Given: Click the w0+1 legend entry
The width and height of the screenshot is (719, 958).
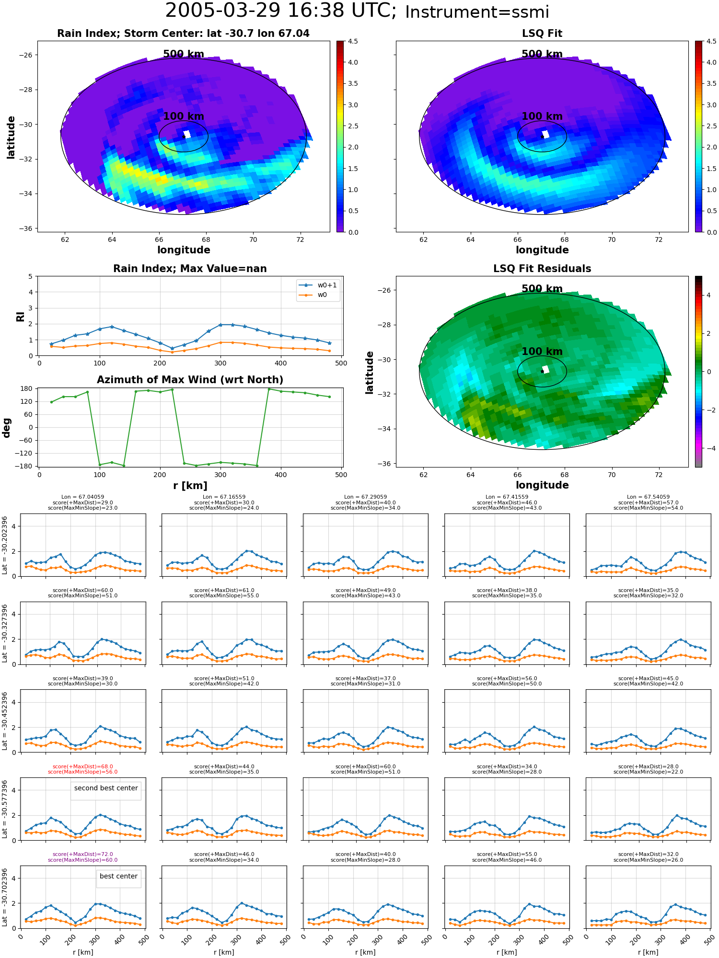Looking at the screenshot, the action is coord(318,285).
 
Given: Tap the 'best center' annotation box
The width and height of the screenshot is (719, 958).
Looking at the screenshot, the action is coord(118,876).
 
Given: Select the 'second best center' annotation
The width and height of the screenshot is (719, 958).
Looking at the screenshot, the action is coord(106,788).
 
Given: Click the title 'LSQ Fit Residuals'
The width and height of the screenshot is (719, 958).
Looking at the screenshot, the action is coord(542,269).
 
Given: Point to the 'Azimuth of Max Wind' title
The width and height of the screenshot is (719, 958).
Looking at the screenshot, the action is coord(190,380).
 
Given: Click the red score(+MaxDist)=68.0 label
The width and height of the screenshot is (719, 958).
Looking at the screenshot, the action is coord(83,766).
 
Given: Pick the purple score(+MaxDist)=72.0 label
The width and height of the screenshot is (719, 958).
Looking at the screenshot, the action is coord(83,854).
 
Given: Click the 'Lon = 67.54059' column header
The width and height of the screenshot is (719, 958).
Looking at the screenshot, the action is coord(649,497).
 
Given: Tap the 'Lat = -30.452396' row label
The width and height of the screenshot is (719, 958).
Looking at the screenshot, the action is coord(5,721).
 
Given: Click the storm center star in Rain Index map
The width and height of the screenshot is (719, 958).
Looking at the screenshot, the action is coord(184,137).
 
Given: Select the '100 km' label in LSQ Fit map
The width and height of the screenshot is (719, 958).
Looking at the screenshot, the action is coord(542,116).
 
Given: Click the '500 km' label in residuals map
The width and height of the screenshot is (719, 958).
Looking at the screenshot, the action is coord(542,289).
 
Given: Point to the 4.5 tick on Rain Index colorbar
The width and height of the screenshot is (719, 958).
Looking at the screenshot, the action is coord(353,41).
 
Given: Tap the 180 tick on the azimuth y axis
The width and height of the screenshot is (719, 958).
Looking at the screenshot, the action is coord(27,388).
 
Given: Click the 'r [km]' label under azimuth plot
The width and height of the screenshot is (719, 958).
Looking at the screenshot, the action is coord(190,486).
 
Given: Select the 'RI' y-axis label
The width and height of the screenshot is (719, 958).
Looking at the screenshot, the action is coord(20,316).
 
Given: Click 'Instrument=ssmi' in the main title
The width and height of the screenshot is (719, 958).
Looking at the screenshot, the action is coord(477,12).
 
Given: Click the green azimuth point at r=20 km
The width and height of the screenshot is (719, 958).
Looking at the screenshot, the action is coord(51,402).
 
